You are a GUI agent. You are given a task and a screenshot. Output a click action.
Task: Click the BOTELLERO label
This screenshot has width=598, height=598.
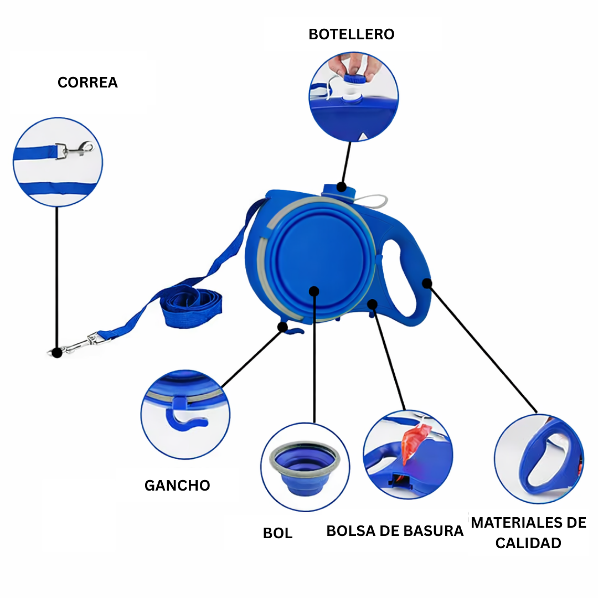(x=351, y=34)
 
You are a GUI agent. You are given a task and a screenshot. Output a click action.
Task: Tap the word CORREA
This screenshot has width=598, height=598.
(x=87, y=83)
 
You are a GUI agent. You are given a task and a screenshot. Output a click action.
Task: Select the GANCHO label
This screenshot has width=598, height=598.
(x=177, y=486)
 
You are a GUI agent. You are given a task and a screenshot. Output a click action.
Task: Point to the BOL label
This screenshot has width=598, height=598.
(x=277, y=533)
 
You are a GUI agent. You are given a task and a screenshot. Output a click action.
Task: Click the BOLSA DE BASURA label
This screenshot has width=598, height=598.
(x=394, y=531)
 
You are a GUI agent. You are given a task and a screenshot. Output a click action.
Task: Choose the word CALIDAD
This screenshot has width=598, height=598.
(x=528, y=543)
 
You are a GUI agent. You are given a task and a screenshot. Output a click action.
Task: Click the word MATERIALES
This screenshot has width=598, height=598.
(x=513, y=522)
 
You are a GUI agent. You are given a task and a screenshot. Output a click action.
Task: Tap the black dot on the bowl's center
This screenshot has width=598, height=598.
(x=315, y=291)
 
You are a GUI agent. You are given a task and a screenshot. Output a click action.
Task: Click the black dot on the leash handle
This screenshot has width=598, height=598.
(x=427, y=283)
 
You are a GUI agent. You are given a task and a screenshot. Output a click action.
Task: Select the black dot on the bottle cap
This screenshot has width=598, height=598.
(x=342, y=187)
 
